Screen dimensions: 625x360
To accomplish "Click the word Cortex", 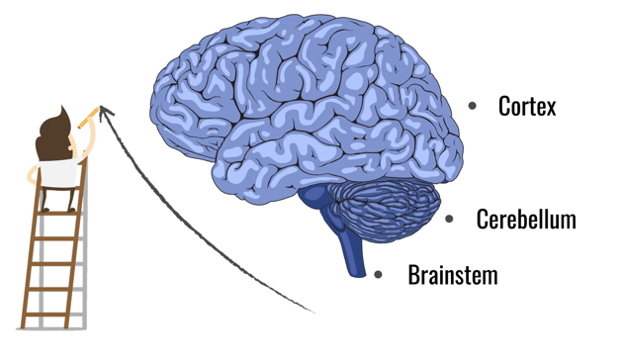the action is pyautogui.click(x=527, y=106).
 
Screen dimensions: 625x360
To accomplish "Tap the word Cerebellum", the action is pyautogui.click(x=526, y=219).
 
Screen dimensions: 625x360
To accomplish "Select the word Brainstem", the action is pyautogui.click(x=453, y=275).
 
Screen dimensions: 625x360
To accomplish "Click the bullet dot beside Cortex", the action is pyautogui.click(x=472, y=106).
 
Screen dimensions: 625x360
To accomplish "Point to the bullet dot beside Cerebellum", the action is pyautogui.click(x=449, y=219).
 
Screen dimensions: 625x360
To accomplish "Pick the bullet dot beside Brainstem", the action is pyautogui.click(x=379, y=274).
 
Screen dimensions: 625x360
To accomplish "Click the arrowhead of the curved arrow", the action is pyautogui.click(x=105, y=112).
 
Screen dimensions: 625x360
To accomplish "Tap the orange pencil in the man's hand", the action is pyautogui.click(x=88, y=118).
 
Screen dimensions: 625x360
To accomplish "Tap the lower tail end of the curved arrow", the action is pyautogui.click(x=313, y=311).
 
